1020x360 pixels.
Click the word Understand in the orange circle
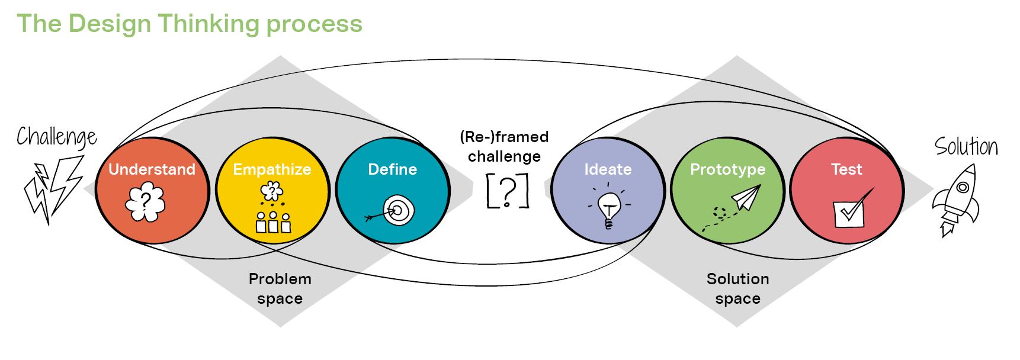pyautogui.click(x=152, y=169)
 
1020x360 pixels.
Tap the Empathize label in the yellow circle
pyautogui.click(x=272, y=169)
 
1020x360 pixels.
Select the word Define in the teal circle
pyautogui.click(x=392, y=169)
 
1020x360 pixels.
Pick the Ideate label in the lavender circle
pyautogui.click(x=608, y=169)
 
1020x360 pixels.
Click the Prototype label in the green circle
pyautogui.click(x=727, y=169)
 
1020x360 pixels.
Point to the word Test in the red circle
pyautogui.click(x=846, y=169)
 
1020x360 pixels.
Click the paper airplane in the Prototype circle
pyautogui.click(x=745, y=198)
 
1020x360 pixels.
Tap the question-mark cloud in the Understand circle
pyautogui.click(x=145, y=201)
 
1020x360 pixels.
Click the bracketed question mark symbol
pyautogui.click(x=507, y=191)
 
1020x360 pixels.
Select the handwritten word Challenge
pyautogui.click(x=56, y=137)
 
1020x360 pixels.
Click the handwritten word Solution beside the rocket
pyautogui.click(x=966, y=146)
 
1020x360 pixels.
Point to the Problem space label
pyautogui.click(x=280, y=288)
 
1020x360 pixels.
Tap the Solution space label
pyautogui.click(x=737, y=288)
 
